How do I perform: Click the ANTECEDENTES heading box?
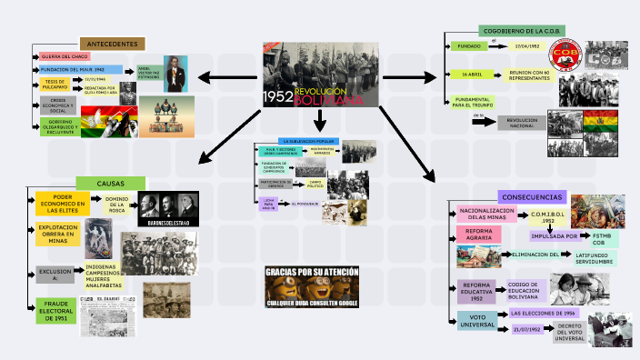point(112,44)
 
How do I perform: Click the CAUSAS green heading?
point(111,184)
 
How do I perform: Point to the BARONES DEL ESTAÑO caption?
point(165,221)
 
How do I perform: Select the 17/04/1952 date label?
point(527,45)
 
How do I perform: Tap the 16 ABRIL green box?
point(471,75)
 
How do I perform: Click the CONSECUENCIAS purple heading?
point(532,196)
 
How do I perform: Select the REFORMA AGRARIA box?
point(479,235)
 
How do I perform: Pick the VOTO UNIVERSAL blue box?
point(477,320)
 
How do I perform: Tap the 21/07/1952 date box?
point(526,329)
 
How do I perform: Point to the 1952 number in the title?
point(278,95)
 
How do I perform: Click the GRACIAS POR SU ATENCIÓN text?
point(311,272)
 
